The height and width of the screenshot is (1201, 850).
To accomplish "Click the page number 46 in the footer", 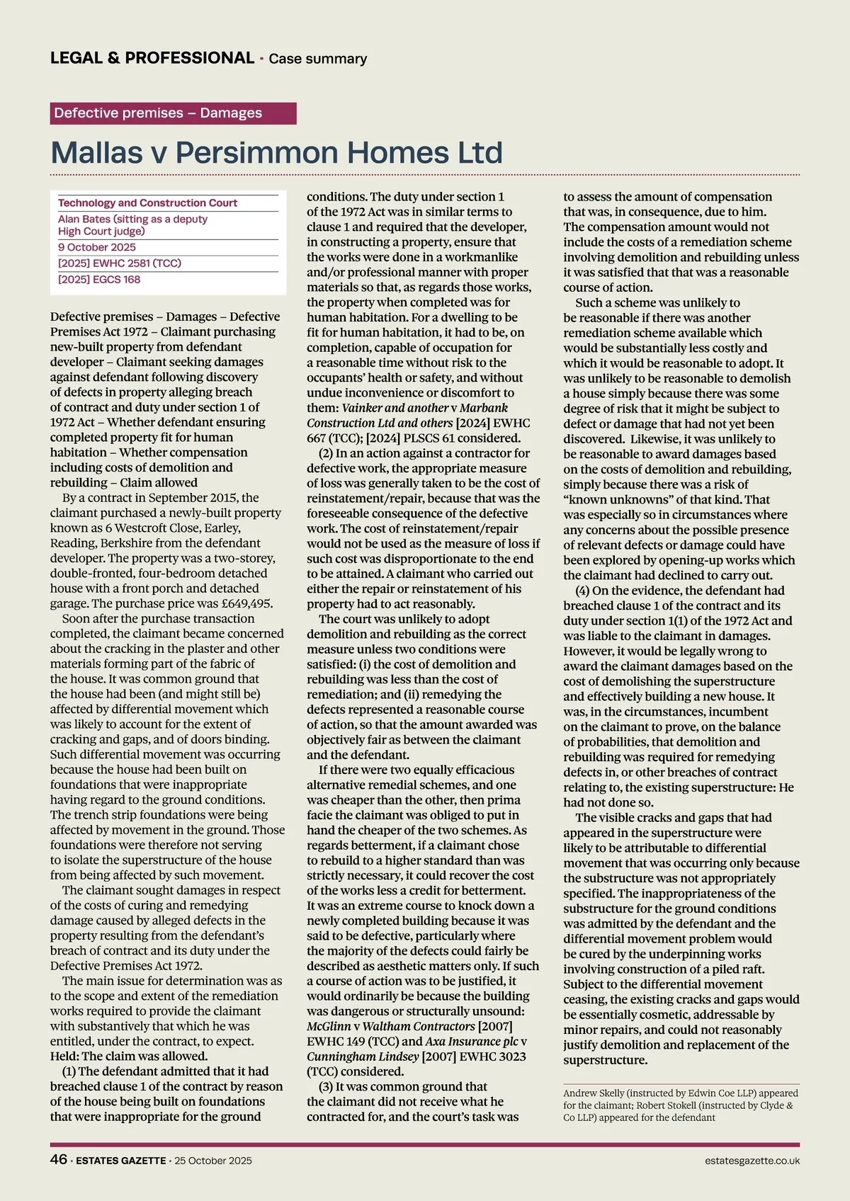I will click(59, 1159).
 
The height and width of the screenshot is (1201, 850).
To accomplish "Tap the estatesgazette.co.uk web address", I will click(752, 1161).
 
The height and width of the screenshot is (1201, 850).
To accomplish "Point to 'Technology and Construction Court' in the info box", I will click(147, 203).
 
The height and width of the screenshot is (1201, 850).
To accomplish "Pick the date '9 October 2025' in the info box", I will click(97, 247).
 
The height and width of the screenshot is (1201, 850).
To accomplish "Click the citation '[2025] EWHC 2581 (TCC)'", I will click(120, 263).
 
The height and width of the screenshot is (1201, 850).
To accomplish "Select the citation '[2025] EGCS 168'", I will click(99, 280).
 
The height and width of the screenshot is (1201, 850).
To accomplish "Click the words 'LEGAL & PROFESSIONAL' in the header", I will click(152, 58).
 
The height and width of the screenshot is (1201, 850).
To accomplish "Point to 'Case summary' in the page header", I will click(317, 59).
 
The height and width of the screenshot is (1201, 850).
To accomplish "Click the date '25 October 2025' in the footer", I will click(213, 1161).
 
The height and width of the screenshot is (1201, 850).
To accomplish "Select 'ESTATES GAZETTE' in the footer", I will click(120, 1161).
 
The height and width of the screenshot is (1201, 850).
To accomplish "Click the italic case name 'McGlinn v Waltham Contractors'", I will click(390, 1026).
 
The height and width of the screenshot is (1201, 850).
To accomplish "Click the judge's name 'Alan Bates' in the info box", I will click(84, 220).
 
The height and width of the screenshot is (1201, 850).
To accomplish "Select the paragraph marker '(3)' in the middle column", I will click(324, 1086).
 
